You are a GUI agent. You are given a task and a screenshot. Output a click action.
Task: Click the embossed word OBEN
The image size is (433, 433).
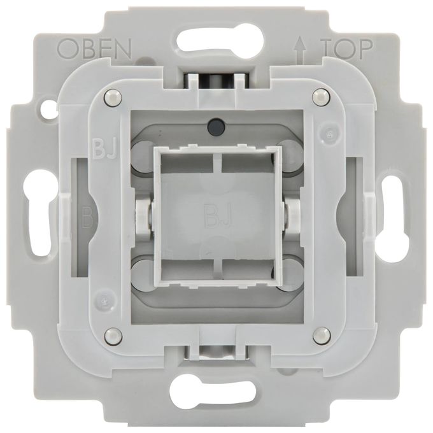94,49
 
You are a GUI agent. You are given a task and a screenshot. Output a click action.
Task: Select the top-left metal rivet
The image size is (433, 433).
113,97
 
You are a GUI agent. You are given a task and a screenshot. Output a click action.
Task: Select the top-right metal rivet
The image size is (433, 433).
321,97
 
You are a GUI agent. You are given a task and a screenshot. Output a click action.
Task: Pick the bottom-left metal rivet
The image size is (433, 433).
113,337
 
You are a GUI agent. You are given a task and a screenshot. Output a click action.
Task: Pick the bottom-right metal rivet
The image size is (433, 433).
322,336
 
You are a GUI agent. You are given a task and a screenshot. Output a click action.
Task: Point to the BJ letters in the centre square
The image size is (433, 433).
216,216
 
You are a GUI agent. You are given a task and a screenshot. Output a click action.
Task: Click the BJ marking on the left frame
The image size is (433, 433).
104,150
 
